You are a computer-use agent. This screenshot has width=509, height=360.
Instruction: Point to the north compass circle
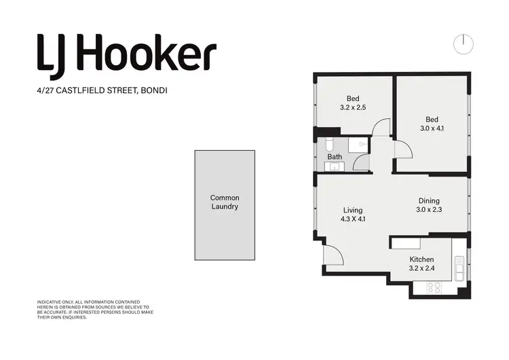click(x=464, y=43)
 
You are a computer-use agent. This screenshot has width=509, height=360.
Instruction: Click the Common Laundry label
click(x=225, y=202)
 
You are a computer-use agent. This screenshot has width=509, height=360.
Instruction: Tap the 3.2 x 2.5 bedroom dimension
click(x=353, y=107)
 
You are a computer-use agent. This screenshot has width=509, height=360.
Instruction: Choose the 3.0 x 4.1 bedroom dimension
click(x=429, y=127)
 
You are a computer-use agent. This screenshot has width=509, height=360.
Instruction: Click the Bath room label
click(x=335, y=157)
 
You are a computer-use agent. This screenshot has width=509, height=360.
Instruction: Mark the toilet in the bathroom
click(x=327, y=145)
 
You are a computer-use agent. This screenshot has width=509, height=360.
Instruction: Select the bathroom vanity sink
click(x=335, y=166)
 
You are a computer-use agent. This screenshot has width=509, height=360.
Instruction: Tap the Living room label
click(x=352, y=211)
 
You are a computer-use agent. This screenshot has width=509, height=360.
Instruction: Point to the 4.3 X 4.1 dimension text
click(x=353, y=219)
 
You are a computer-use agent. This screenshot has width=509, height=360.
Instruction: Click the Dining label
click(x=429, y=201)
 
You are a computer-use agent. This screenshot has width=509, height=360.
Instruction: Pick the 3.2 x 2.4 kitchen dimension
click(x=421, y=269)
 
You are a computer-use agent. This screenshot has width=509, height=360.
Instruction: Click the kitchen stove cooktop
click(x=433, y=288)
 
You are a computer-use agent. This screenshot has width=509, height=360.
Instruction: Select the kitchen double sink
click(x=459, y=270)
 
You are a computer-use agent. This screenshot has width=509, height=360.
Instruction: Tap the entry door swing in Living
click(x=333, y=256)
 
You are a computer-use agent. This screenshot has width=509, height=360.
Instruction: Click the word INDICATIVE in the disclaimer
click(x=50, y=302)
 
